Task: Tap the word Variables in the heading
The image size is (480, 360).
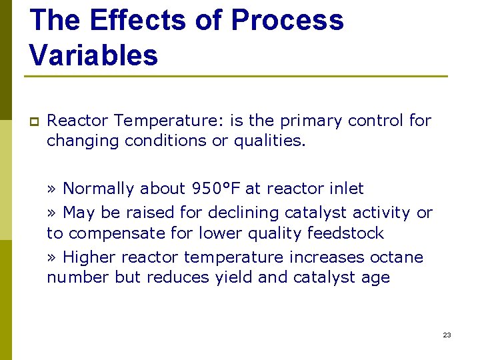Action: (x=94, y=55)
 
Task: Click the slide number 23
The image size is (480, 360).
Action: (x=447, y=335)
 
